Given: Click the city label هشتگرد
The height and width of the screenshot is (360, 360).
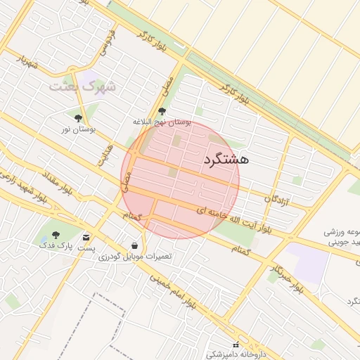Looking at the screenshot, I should click(226, 160).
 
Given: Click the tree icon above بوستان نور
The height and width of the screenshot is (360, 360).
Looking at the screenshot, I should click(78, 118).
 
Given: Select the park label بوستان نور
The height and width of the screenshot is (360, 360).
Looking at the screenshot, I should click(77, 129).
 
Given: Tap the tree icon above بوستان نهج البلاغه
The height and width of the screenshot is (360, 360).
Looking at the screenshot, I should click(162, 110).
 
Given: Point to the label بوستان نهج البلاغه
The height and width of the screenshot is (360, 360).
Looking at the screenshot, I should click(162, 122).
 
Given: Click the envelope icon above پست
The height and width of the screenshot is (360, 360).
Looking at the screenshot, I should click(86, 238).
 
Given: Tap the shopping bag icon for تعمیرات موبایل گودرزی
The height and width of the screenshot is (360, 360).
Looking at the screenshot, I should click(134, 245).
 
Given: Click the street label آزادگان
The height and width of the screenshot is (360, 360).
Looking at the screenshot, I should click(278, 200).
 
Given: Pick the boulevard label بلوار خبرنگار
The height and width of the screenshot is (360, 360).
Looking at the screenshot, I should click(288, 277).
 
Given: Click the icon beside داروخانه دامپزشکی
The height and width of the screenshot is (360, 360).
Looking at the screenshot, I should click(236, 345).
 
